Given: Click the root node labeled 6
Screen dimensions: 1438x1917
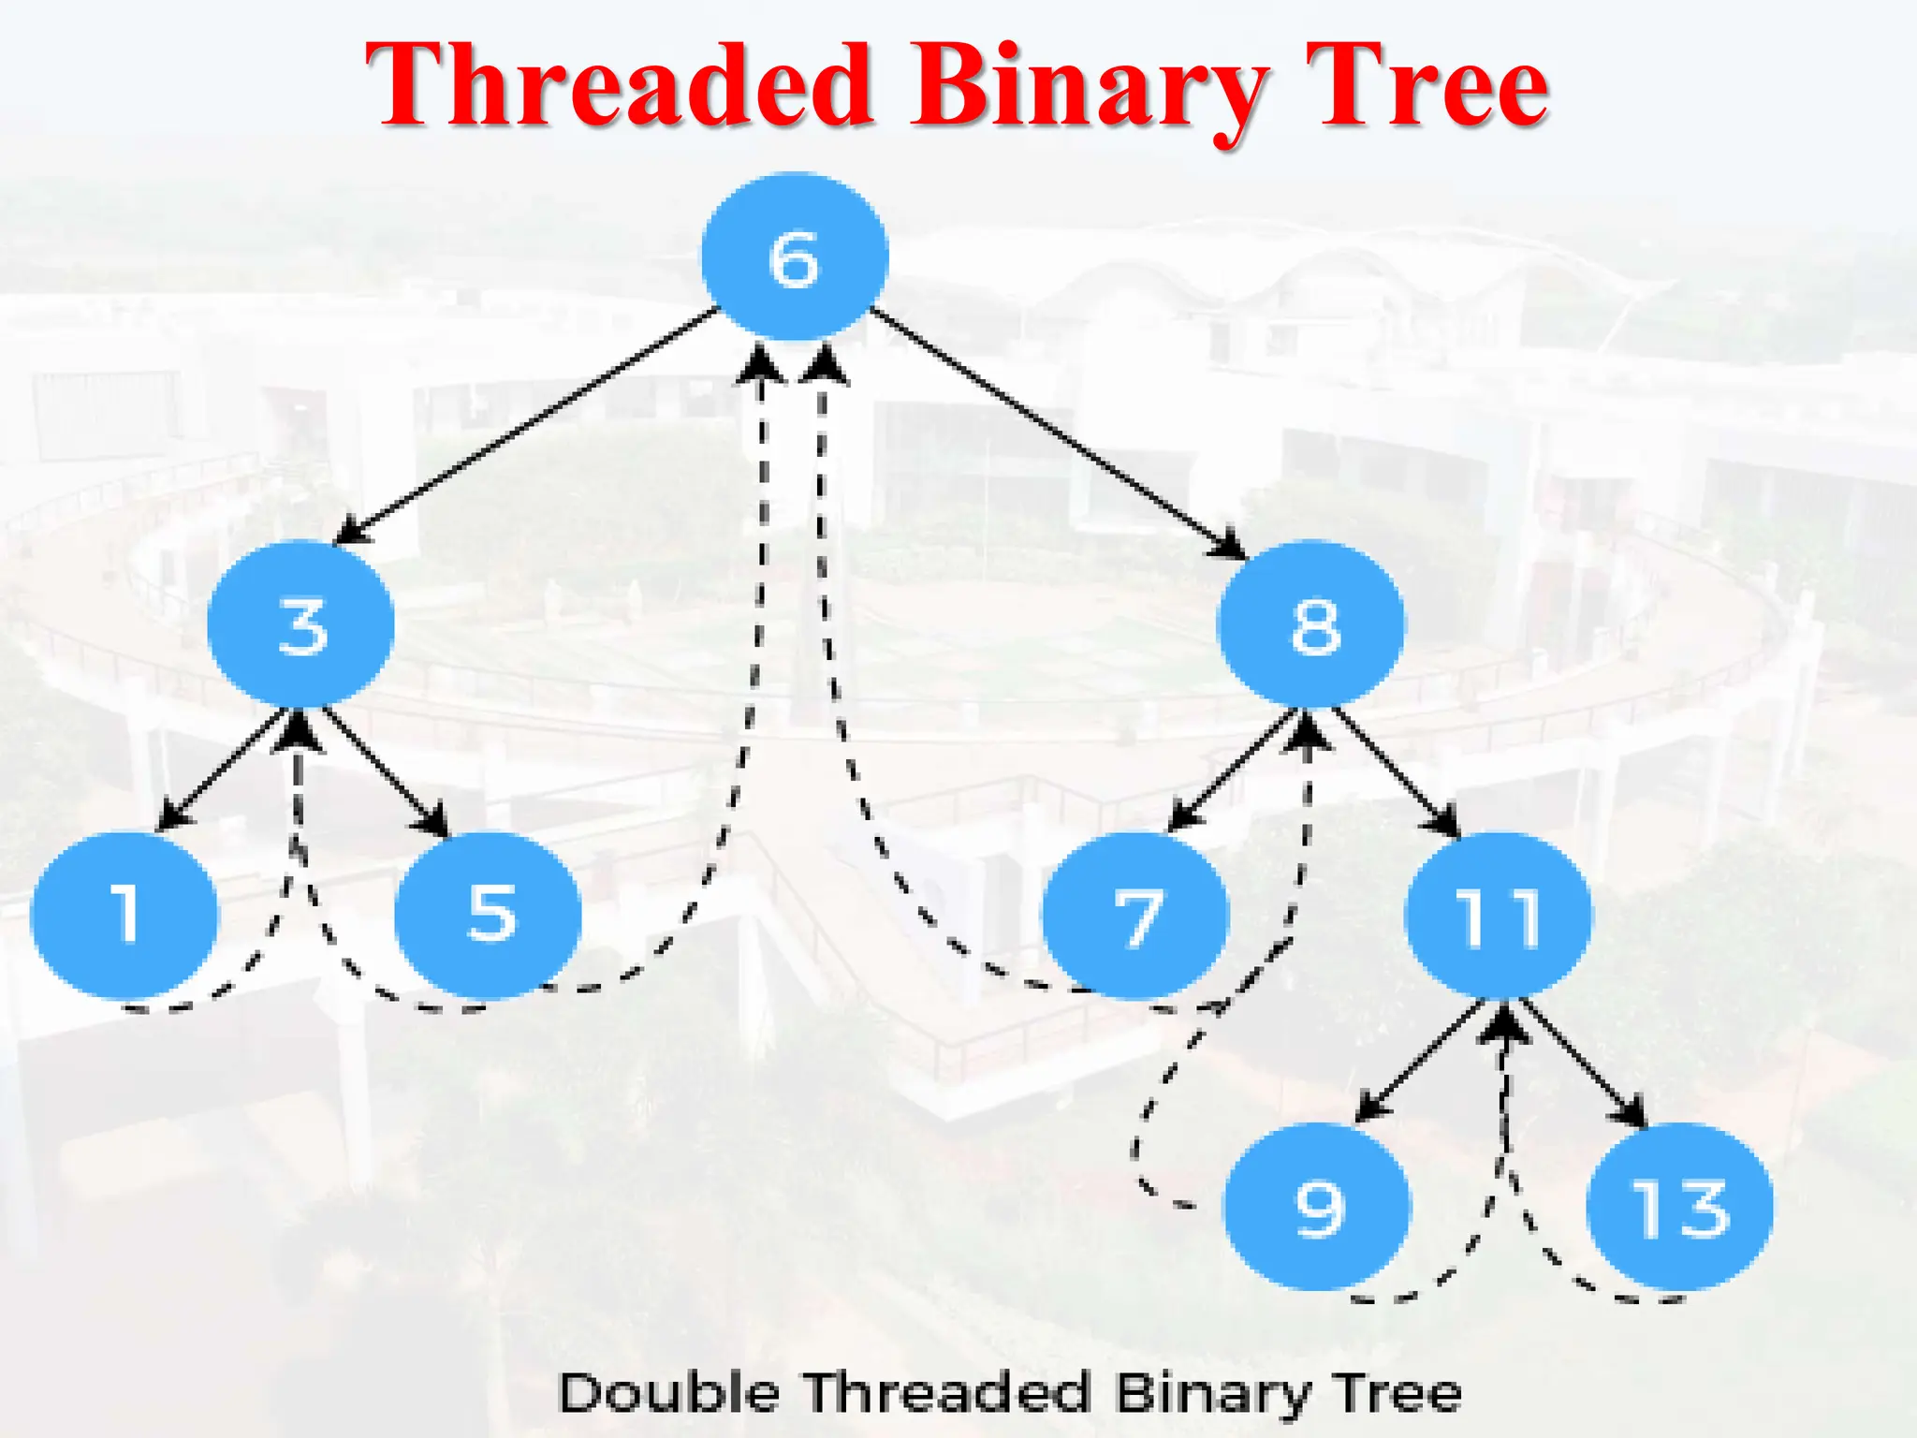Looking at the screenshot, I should pos(795,257).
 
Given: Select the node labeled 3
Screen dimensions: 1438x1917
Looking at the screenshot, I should pos(300,624).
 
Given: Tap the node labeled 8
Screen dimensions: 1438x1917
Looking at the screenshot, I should pos(1310,624).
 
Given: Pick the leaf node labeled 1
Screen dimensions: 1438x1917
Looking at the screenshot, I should pos(124,914).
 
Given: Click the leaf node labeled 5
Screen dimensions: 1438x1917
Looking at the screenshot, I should pos(488,914).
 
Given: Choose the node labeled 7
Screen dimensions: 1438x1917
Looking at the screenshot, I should pos(1135,916).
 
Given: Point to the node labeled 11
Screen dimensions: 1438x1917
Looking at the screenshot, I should pos(1498,916).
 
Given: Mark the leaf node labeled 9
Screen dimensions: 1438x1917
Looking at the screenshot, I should pos(1317,1207).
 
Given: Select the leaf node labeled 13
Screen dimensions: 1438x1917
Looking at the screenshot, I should pos(1679,1207).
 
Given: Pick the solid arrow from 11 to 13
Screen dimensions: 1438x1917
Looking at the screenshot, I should pos(1583,1063).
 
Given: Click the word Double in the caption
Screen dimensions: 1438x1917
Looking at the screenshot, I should pos(668,1392).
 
